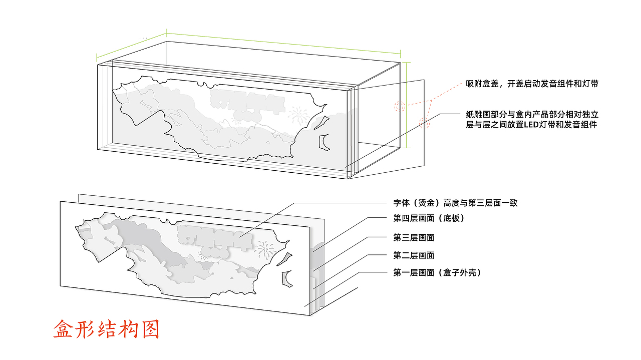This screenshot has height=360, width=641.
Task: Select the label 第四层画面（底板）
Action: (x=429, y=218)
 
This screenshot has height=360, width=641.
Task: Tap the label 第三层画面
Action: (x=414, y=237)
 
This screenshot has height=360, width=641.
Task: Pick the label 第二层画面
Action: (x=414, y=255)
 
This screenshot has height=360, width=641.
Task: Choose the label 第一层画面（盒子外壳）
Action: (x=437, y=273)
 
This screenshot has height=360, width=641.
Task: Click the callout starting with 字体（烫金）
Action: (x=455, y=203)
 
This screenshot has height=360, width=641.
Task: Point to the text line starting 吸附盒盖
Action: (x=532, y=84)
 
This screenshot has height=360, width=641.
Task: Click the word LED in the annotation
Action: (x=529, y=125)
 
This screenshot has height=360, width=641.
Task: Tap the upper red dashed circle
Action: (x=399, y=106)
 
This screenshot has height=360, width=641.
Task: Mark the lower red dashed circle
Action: (x=425, y=122)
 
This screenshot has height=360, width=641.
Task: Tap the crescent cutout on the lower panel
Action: (x=286, y=278)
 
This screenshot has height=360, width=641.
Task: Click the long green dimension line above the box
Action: (x=283, y=44)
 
